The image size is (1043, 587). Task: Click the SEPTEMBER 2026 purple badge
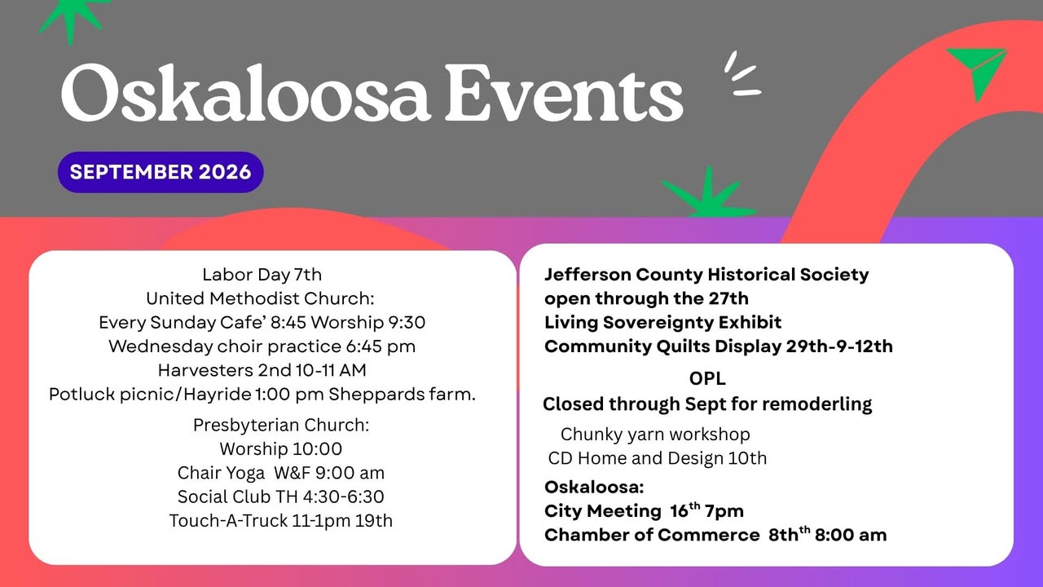point(161,172)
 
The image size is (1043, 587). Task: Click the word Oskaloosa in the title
point(245,93)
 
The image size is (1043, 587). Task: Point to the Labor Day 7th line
point(262,275)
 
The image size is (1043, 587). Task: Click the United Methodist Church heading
point(260,298)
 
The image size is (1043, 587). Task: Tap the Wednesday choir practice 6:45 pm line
point(262,346)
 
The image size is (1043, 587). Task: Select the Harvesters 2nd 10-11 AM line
point(262,370)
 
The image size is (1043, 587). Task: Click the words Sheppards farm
point(403,395)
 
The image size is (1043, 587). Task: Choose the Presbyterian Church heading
point(281,425)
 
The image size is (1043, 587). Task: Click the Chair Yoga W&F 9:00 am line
point(281,473)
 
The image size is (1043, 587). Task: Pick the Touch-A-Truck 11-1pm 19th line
point(281,520)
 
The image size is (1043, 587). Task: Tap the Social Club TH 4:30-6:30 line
point(281,497)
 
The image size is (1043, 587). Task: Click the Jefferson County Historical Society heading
point(706,275)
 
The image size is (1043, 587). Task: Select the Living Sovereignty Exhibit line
point(663,322)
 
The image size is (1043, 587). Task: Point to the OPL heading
point(707,379)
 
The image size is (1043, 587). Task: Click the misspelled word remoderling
point(817,404)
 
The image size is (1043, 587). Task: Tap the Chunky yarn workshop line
point(655,435)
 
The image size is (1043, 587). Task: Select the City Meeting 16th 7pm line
point(644,510)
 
